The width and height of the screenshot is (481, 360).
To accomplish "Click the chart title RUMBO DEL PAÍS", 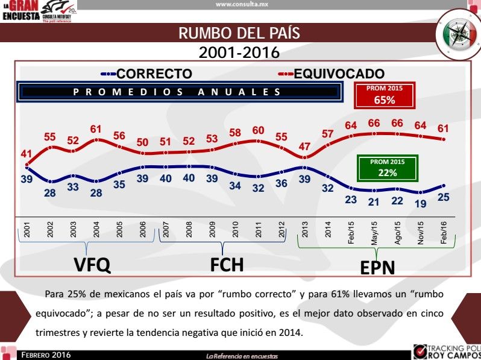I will click(239, 33).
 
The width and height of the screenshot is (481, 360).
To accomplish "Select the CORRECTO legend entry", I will click(154, 74).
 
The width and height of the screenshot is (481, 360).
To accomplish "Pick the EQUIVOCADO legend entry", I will click(339, 74).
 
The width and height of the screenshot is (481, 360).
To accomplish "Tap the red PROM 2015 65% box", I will click(384, 96).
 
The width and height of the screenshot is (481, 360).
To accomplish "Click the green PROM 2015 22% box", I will click(387, 168).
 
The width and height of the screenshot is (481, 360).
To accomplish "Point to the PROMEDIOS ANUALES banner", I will click(177, 92).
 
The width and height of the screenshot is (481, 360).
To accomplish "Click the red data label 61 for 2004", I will click(96, 129).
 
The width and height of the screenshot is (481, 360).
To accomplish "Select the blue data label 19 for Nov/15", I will click(420, 204).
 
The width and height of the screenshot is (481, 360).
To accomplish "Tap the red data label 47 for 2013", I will click(304, 147).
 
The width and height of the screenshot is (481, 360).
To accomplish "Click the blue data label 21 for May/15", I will click(374, 201).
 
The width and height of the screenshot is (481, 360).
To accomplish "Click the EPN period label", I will click(377, 267).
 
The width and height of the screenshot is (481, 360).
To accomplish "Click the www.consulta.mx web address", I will click(241, 4).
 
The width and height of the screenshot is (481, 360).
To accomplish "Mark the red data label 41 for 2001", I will click(26, 154).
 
